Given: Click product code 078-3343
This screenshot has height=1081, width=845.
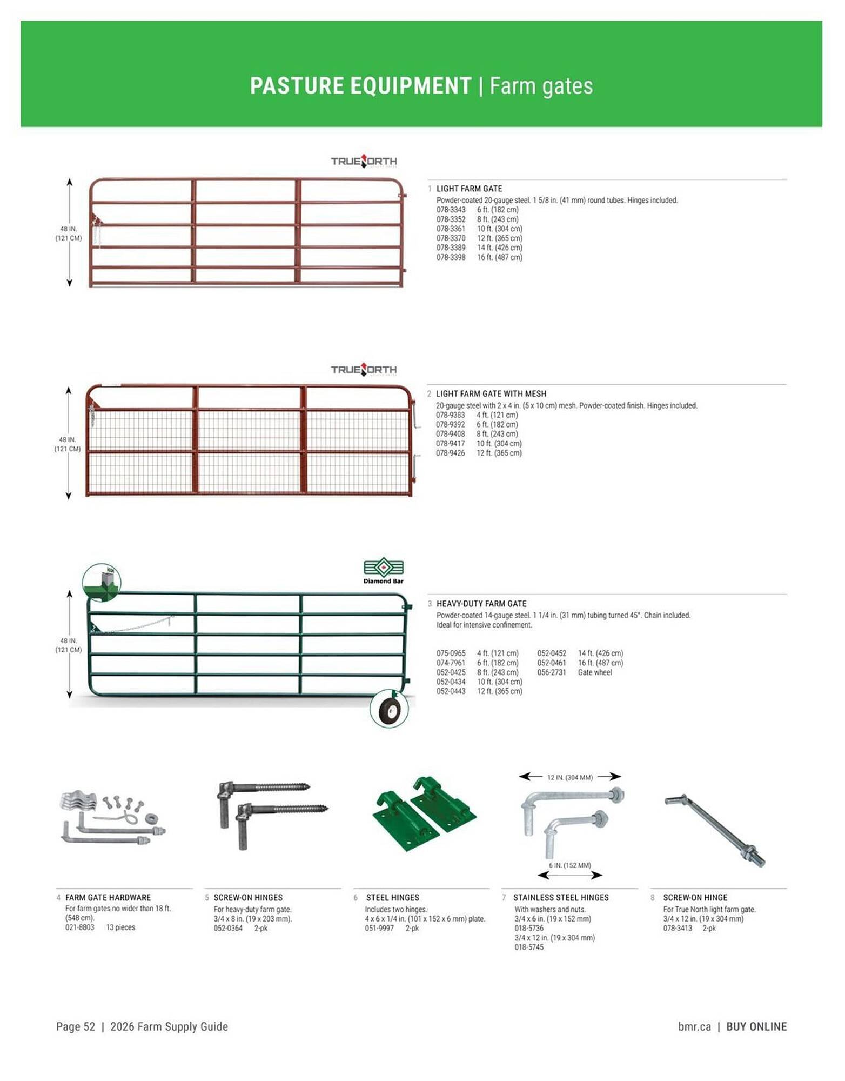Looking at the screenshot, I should click(x=451, y=210).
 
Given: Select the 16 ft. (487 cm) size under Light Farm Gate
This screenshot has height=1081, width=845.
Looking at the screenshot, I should click(x=499, y=257).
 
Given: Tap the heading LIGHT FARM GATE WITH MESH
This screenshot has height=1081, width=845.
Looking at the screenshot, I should click(x=491, y=394).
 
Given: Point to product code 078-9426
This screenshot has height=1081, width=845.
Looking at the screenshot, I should click(x=450, y=453).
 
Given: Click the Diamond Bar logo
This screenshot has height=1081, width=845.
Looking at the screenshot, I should click(x=383, y=571).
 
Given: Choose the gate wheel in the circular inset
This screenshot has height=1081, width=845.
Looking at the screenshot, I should click(x=389, y=709).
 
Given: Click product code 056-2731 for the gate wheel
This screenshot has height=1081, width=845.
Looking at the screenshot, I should click(x=551, y=672).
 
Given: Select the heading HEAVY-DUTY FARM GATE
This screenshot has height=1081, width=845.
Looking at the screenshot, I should click(x=481, y=604).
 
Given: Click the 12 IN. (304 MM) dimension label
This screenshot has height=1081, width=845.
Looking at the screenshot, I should click(x=569, y=777).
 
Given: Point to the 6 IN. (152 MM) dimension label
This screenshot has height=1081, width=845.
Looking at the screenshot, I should click(x=569, y=865).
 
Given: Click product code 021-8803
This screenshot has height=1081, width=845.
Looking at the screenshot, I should click(x=79, y=927).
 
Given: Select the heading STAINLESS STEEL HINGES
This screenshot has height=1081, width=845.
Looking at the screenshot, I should click(x=560, y=898).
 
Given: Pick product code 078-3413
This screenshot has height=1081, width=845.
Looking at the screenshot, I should click(x=678, y=928).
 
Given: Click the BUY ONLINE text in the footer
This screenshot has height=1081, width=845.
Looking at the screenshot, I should click(x=756, y=1027).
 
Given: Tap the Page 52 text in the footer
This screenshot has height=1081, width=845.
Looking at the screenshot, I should click(x=76, y=1027).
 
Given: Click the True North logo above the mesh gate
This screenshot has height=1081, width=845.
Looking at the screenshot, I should click(x=364, y=370).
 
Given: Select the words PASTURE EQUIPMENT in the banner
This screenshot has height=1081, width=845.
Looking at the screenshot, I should click(x=360, y=86).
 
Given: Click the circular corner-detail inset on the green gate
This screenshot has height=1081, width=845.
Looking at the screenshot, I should click(x=102, y=583).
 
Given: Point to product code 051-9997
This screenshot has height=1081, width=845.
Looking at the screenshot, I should click(x=379, y=928).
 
